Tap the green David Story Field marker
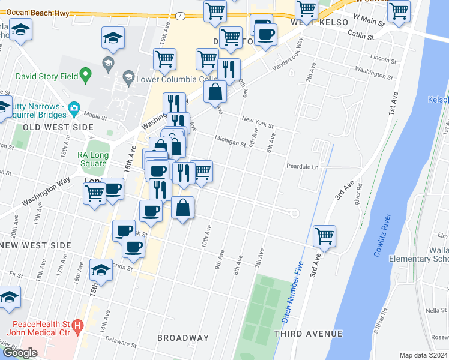pyautogui.click(x=86, y=76)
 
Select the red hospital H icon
pyautogui.click(x=77, y=327)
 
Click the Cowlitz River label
pyautogui.click(x=382, y=235)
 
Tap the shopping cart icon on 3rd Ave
pyautogui.click(x=324, y=236)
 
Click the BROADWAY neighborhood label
pyautogui.click(x=183, y=338)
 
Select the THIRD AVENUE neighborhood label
pyautogui.click(x=308, y=334)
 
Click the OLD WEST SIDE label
pyautogui.click(x=58, y=127)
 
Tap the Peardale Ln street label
pyautogui.click(x=301, y=166)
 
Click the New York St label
pyautogui.click(x=258, y=122)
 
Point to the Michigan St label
pyautogui.click(x=231, y=140)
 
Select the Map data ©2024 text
pyautogui.click(x=424, y=355)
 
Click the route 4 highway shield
pyautogui.click(x=180, y=16)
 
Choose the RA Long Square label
pyautogui.click(x=92, y=158)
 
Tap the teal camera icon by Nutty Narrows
pyautogui.click(x=74, y=109)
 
